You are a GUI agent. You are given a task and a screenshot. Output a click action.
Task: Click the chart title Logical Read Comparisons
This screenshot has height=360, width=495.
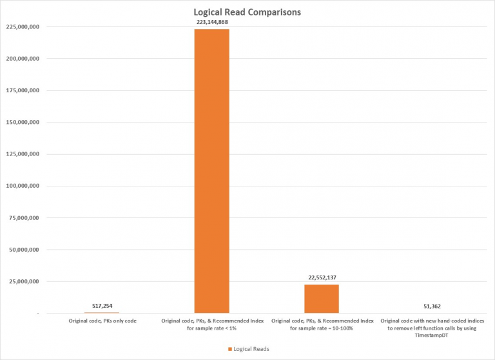pyautogui.click(x=247, y=12)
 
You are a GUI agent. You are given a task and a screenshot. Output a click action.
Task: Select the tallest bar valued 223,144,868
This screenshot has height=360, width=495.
pyautogui.click(x=212, y=170)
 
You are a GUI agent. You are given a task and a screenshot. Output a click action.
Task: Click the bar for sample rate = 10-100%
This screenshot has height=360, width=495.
pyautogui.click(x=322, y=299)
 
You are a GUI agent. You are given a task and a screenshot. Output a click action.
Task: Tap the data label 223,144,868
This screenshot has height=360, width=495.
pyautogui.click(x=212, y=22)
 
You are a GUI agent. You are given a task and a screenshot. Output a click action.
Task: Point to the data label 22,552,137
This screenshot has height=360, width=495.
pyautogui.click(x=322, y=277)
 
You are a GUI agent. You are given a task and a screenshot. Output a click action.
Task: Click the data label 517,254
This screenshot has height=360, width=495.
pyautogui.click(x=102, y=306)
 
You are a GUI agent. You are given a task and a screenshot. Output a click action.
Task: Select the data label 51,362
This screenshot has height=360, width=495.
pyautogui.click(x=431, y=306)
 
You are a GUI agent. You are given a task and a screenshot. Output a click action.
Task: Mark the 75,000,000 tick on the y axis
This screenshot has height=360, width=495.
pyautogui.click(x=24, y=218)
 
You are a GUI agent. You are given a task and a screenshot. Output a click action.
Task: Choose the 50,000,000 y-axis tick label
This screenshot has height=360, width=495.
pyautogui.click(x=24, y=250)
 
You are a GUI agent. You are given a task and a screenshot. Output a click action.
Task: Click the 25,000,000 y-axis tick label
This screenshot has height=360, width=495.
pyautogui.click(x=24, y=281)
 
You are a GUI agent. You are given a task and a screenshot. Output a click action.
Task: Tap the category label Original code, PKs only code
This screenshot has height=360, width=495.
pyautogui.click(x=102, y=321)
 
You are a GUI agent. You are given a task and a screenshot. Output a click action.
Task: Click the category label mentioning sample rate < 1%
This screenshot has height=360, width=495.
pyautogui.click(x=212, y=324)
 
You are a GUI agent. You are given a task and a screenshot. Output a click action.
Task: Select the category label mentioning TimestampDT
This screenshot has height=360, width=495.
pyautogui.click(x=431, y=328)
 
